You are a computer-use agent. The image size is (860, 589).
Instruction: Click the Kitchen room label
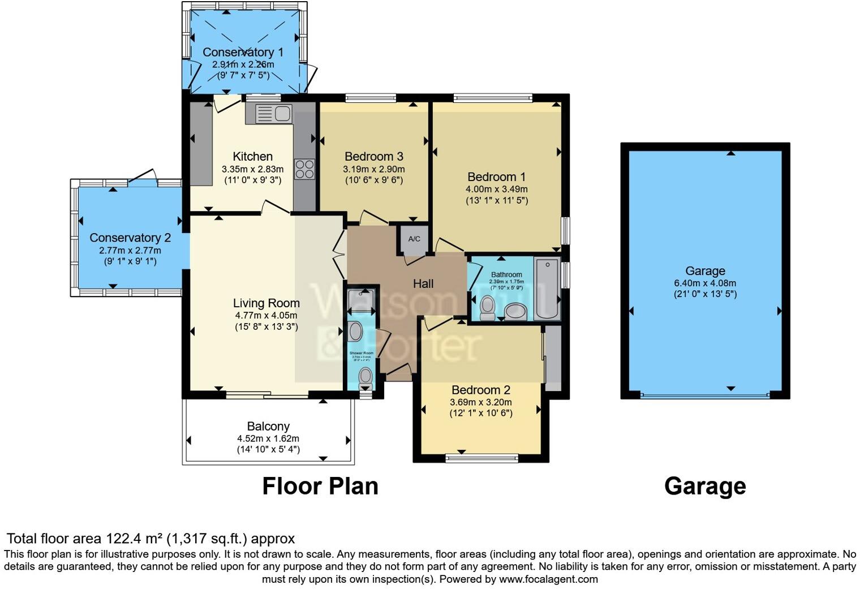(x=252, y=157)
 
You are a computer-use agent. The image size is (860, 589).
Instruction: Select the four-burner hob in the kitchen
(x=304, y=169)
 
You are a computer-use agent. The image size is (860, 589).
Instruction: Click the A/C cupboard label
(x=414, y=239)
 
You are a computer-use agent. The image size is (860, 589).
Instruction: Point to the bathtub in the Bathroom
(x=546, y=288)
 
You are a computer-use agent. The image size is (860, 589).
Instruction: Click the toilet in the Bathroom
(x=487, y=306)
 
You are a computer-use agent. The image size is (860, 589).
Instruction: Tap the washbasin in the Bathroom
(x=515, y=311)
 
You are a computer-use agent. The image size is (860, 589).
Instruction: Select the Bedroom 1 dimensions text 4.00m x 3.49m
(x=496, y=189)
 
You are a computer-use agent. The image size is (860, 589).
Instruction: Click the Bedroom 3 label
(x=374, y=157)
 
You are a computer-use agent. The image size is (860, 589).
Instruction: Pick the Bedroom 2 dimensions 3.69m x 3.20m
(x=481, y=402)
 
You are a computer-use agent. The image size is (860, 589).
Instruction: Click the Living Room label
(x=266, y=303)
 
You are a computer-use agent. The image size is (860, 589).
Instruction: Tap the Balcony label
(x=268, y=427)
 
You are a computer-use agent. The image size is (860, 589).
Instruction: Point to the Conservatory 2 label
(x=130, y=238)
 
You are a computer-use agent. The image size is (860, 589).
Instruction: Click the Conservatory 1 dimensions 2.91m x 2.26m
(x=243, y=65)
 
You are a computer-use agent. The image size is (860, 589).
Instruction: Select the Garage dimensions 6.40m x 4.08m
(x=705, y=283)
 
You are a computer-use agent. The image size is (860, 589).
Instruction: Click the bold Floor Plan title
(x=320, y=486)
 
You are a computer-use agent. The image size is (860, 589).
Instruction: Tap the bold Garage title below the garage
(x=705, y=486)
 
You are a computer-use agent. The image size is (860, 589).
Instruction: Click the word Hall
(x=423, y=284)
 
